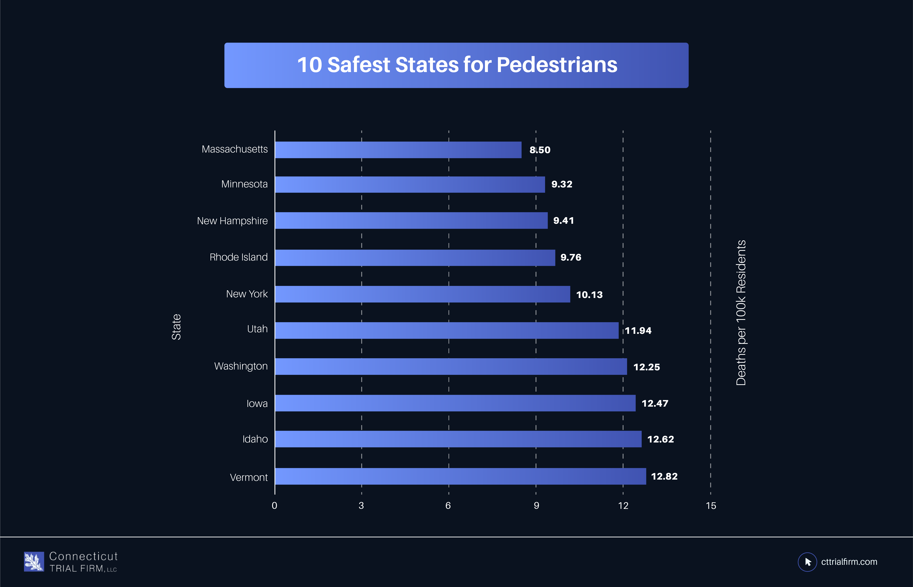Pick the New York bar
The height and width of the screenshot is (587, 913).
422,294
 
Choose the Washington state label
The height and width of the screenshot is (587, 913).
241,366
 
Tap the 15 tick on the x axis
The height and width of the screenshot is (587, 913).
711,506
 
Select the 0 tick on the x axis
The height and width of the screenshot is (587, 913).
274,506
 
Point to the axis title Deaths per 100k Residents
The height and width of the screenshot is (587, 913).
741,313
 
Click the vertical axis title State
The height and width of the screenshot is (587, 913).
176,327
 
